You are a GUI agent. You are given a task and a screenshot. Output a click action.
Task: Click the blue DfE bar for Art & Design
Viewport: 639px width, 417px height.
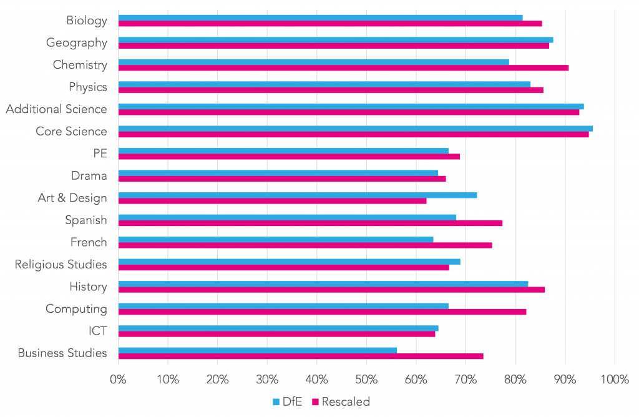297,195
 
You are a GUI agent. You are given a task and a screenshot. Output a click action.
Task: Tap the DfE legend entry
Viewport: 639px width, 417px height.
288,402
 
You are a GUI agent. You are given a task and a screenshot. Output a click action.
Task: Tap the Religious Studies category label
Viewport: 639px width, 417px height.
61,265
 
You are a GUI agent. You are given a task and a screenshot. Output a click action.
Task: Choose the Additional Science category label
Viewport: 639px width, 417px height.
56,109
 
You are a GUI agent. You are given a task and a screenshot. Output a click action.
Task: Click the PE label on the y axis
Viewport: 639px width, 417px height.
99,154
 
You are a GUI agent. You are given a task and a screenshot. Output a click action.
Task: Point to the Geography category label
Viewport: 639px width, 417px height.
76,43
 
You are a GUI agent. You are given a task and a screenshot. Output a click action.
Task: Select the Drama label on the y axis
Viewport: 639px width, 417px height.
89,176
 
